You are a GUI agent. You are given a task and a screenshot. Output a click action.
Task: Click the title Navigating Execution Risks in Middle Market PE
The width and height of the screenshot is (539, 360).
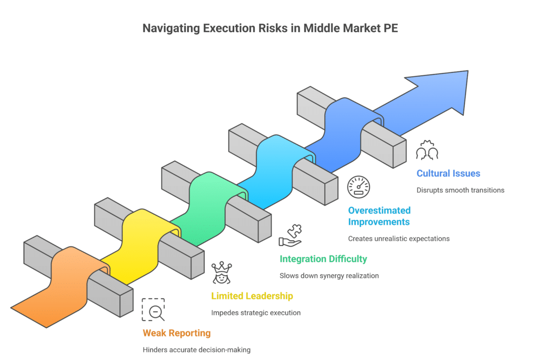[269, 28]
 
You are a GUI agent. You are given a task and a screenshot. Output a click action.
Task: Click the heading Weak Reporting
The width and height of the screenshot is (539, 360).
[176, 333]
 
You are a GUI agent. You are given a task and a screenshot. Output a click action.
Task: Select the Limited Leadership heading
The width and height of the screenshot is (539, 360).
[252, 296]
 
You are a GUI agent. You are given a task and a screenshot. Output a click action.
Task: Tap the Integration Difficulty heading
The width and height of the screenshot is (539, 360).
[323, 258]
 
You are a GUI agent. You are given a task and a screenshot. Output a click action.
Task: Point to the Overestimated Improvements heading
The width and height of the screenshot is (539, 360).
[379, 216]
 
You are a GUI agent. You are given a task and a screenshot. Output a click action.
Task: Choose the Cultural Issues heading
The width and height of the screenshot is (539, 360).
[448, 173]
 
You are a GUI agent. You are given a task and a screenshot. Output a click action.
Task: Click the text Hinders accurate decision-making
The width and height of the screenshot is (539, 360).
[196, 349]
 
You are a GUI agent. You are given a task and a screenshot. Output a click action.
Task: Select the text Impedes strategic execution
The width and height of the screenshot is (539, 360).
[256, 313]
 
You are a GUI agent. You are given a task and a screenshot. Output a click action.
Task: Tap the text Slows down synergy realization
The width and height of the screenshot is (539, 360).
[329, 275]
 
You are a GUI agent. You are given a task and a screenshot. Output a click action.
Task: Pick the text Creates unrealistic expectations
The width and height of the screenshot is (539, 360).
[398, 238]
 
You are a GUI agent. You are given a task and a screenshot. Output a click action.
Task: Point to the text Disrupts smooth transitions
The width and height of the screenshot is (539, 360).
[460, 190]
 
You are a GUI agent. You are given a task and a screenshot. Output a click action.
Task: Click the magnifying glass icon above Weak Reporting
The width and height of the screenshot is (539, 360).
[154, 310]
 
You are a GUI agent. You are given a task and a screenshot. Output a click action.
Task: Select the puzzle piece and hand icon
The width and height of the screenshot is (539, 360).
[290, 235]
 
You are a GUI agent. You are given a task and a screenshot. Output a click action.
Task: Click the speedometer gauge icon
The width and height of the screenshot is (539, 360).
[358, 187]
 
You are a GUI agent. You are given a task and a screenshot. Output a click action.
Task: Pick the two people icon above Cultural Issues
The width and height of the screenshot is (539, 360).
[427, 151]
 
